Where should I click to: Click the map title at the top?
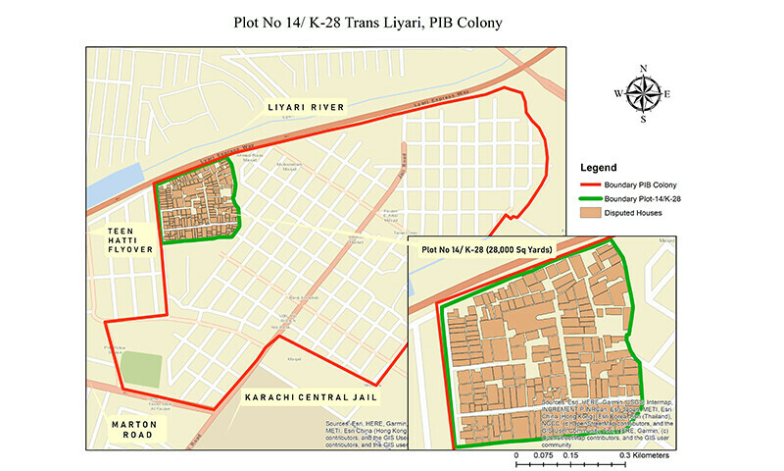(391, 21)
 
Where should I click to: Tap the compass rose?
(643, 94)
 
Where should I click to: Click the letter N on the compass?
(643, 68)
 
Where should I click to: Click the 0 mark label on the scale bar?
(516, 456)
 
